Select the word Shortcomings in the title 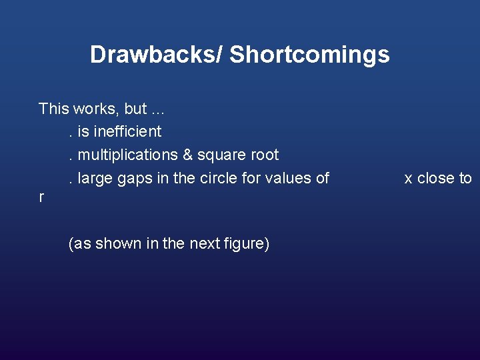(x=309, y=55)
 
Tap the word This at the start (x=53, y=109)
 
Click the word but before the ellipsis (x=135, y=109)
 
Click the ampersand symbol (x=187, y=155)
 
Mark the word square (x=221, y=155)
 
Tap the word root (x=264, y=155)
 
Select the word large (x=95, y=178)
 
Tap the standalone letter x (x=409, y=179)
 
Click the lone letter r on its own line (x=41, y=198)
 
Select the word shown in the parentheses (x=117, y=244)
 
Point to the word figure (x=247, y=244)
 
